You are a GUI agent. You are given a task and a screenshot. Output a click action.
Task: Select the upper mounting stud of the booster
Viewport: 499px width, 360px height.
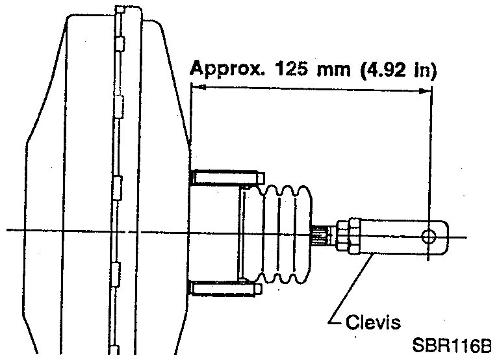[227, 177]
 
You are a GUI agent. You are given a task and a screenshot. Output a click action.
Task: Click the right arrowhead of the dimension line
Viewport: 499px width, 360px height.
[426, 91]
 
